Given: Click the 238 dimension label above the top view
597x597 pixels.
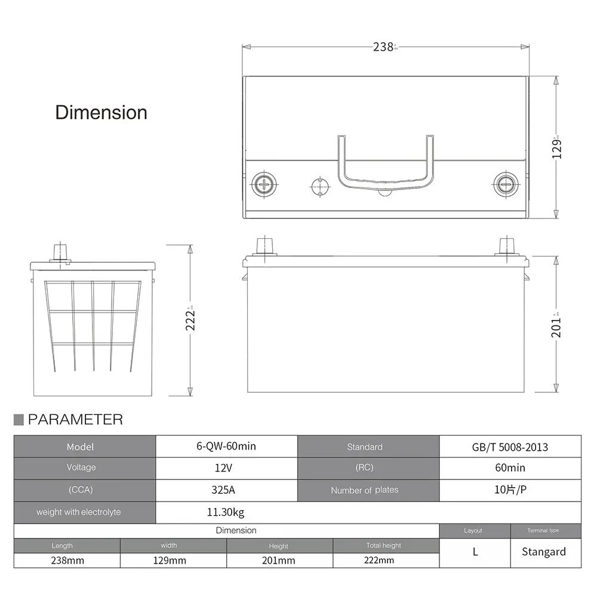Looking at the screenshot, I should click(383, 47).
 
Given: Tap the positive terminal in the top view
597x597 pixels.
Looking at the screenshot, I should click(263, 183).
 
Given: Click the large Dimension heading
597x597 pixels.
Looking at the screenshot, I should click(101, 112).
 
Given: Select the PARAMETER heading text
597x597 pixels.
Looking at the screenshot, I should click(75, 420).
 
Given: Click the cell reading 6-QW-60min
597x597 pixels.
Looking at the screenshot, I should click(226, 447).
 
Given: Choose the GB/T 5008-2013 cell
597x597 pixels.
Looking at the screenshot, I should click(510, 447).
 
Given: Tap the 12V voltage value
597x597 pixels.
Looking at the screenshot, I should click(226, 468).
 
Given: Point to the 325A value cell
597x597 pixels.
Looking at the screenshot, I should click(226, 490).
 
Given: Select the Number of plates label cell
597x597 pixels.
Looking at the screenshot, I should click(364, 490).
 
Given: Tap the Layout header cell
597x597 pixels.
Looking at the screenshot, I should click(473, 530).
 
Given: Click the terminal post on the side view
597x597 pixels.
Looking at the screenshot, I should click(60, 251).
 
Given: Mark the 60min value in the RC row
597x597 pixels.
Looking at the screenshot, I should click(510, 468).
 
